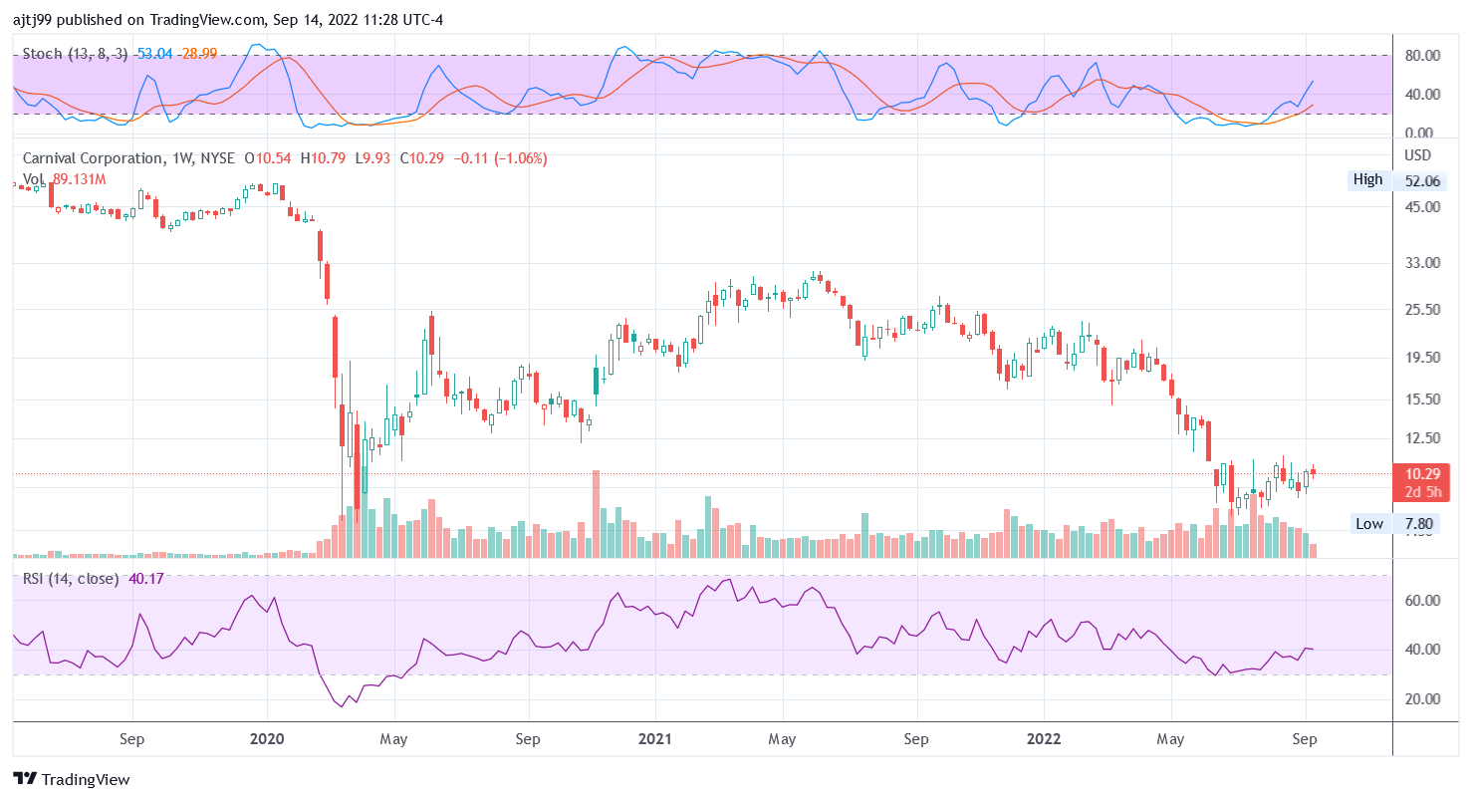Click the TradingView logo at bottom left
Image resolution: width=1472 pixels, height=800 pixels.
point(71,779)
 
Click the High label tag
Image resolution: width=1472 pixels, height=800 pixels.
point(1367,179)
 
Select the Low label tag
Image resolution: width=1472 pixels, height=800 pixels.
point(1369,523)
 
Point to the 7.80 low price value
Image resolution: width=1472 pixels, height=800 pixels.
point(1419,523)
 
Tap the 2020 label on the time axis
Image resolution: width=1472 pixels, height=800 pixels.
point(267,739)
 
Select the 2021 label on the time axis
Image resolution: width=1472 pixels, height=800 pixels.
point(655,739)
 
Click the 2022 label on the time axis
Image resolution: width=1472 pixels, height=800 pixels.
point(1044,739)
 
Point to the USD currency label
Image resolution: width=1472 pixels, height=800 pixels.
point(1417,155)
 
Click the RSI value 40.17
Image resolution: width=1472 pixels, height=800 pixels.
point(146,578)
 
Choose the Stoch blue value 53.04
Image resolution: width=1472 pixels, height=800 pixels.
point(154,53)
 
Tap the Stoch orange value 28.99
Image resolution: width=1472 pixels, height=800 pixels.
point(197,53)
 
